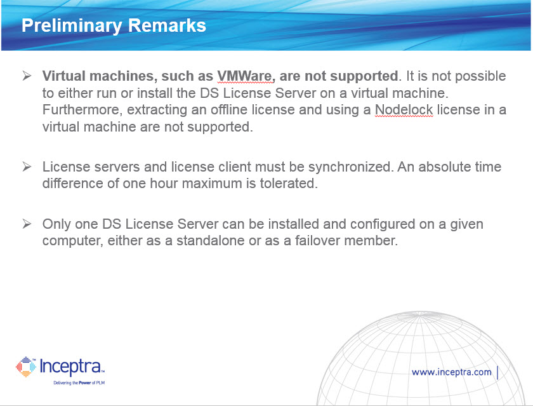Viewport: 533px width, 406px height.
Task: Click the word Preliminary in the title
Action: click(x=72, y=26)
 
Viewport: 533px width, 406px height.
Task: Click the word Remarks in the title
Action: click(x=167, y=25)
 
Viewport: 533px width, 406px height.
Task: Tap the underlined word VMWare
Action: click(x=246, y=76)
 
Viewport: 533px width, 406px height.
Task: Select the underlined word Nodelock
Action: click(x=404, y=109)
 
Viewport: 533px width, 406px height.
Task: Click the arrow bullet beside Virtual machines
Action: click(x=27, y=76)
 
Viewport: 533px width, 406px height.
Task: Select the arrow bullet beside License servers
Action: click(x=27, y=166)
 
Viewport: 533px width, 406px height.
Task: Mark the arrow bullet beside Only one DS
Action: click(x=27, y=224)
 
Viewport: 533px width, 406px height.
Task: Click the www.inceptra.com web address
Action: click(x=451, y=372)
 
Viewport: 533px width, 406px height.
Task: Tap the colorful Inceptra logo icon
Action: click(x=26, y=367)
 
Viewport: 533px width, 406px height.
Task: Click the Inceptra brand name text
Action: click(x=71, y=367)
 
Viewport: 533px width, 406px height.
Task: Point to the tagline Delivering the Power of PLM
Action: click(x=79, y=383)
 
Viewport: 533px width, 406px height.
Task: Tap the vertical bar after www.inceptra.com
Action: click(x=497, y=372)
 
